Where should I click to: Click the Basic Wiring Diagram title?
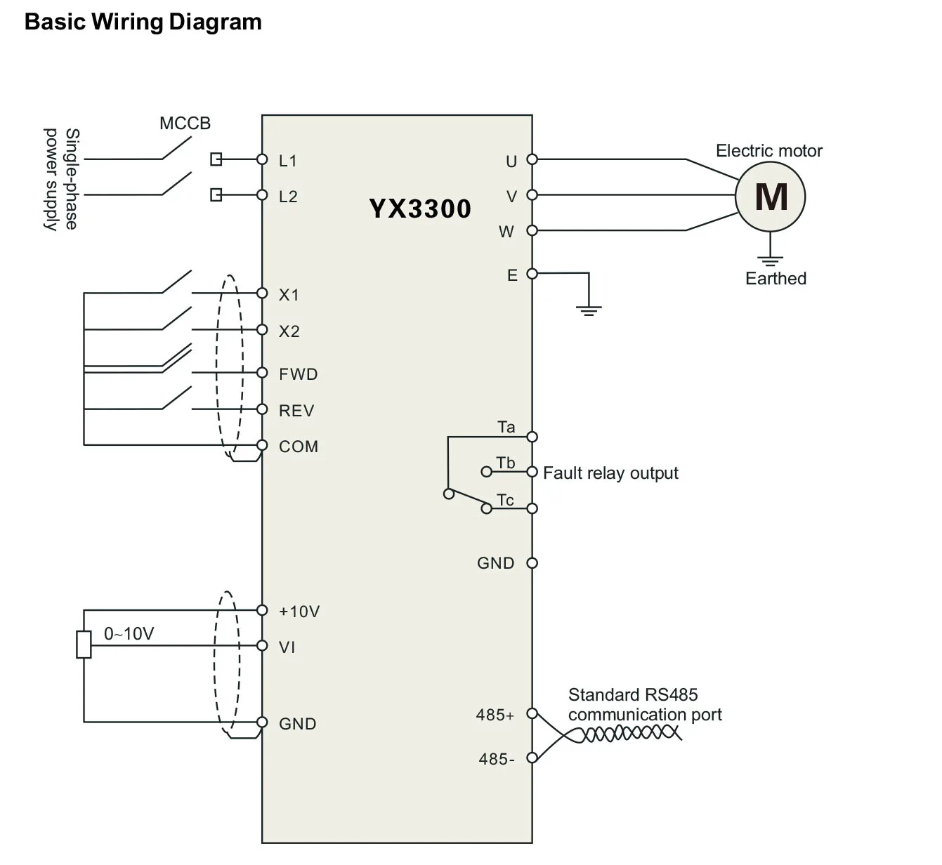click(143, 22)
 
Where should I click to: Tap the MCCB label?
click(185, 124)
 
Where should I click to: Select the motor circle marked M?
click(771, 197)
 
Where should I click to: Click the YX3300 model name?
click(420, 209)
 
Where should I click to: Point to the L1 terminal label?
click(288, 161)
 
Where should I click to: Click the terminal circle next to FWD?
click(262, 373)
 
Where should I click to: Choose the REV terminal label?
click(296, 411)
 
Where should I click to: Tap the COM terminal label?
click(299, 447)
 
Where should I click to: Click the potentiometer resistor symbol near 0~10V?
click(84, 645)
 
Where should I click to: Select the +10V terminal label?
click(299, 612)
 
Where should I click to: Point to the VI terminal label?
click(287, 647)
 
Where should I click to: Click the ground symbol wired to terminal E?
click(588, 310)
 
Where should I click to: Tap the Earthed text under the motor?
click(776, 279)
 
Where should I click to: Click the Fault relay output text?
click(610, 473)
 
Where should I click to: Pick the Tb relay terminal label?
click(506, 463)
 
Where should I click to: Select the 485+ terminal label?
click(495, 715)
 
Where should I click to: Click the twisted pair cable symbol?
click(629, 734)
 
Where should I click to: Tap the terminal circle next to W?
click(532, 230)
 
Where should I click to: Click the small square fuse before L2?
click(216, 194)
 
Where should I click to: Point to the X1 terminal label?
click(289, 295)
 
